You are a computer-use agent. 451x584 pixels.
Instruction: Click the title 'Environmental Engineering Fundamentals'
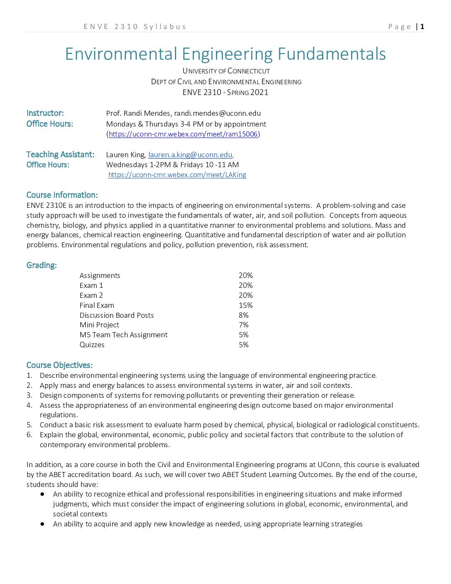point(225,54)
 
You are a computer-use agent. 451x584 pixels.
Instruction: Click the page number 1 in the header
point(422,27)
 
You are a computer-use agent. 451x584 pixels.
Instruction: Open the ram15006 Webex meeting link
point(183,134)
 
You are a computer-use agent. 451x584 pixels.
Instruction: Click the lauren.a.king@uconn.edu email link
point(190,155)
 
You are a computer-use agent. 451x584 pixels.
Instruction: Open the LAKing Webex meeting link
point(177,175)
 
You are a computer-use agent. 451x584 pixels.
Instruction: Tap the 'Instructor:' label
point(45,113)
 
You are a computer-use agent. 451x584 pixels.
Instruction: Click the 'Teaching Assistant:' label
point(61,155)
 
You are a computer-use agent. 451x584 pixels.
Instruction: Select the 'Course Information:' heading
point(62,195)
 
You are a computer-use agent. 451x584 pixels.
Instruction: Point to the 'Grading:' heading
point(41,265)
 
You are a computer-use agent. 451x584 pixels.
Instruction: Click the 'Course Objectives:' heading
point(59,365)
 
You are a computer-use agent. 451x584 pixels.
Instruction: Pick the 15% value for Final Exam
point(245,305)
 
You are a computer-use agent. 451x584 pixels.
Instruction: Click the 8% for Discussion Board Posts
point(244,315)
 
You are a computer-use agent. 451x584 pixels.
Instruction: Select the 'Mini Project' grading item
point(99,325)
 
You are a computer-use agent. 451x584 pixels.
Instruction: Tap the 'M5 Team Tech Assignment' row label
point(124,335)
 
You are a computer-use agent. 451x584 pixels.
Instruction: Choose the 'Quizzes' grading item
point(92,345)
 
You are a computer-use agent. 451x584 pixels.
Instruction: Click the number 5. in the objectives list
point(29,425)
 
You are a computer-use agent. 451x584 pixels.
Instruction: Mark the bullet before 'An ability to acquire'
point(42,524)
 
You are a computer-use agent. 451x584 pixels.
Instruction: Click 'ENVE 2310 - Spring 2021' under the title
point(225,92)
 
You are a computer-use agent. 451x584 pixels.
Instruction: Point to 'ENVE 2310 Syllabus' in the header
point(135,27)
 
